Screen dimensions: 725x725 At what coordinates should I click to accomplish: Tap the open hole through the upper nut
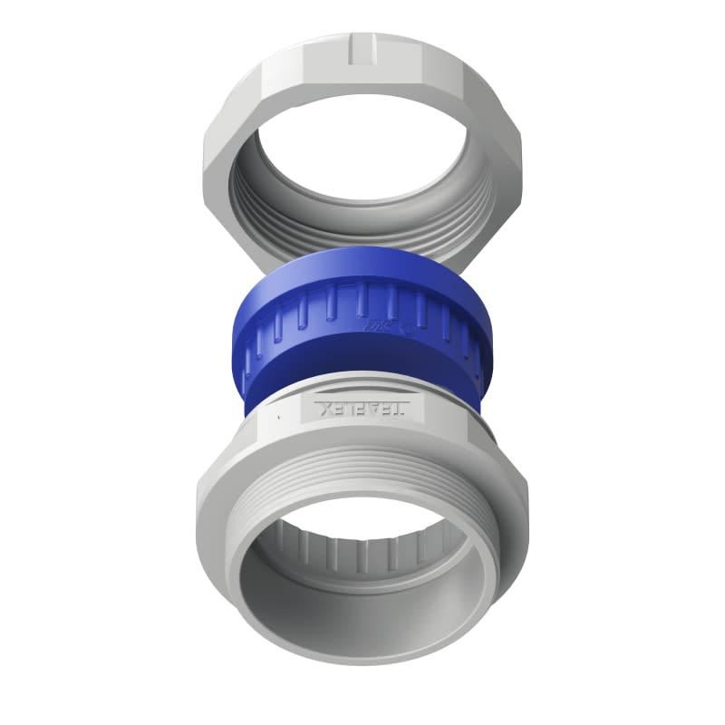[x=362, y=154]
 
